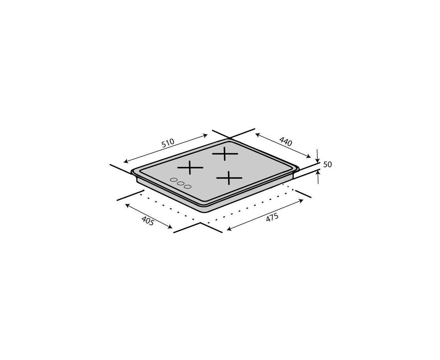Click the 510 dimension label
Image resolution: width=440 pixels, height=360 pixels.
(168, 143)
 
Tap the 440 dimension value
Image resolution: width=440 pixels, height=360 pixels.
(286, 142)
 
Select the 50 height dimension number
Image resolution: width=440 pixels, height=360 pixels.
(327, 165)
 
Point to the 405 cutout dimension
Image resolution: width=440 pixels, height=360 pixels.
(148, 220)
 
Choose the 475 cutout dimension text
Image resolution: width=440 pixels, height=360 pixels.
(272, 217)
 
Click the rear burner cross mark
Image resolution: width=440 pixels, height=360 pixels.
(225, 154)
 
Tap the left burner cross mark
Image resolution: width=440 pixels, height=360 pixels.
(190, 168)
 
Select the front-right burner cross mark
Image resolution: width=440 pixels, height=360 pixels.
(229, 178)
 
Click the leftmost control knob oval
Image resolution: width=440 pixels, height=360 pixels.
(174, 180)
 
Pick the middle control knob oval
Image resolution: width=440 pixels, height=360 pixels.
(181, 184)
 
